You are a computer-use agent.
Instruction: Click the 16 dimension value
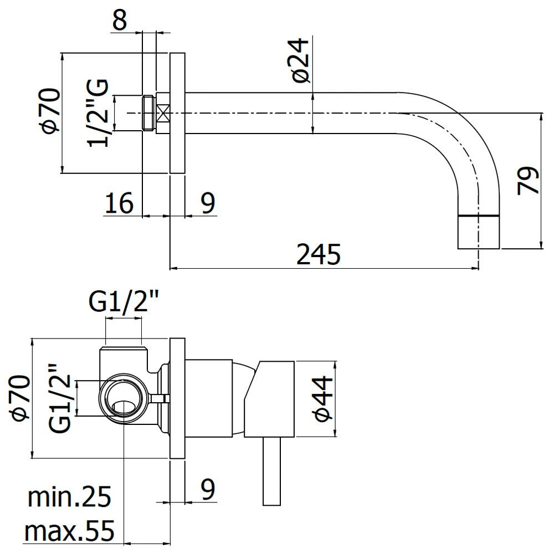tap(119, 203)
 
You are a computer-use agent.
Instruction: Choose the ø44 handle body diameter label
tap(324, 399)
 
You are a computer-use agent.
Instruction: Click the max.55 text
tap(69, 532)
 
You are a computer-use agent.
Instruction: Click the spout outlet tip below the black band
tap(479, 232)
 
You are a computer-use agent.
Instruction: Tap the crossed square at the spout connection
tap(163, 113)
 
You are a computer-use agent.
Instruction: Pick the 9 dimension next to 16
tap(208, 203)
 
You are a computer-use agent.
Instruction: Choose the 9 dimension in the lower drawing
tap(208, 489)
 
